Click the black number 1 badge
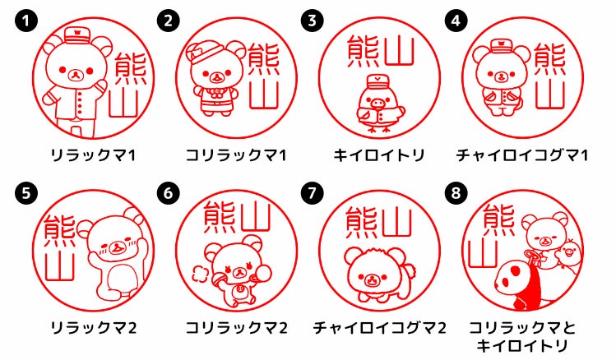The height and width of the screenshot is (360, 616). tap(26, 21)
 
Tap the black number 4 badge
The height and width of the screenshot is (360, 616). tap(456, 21)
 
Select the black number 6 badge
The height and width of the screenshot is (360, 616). tap(169, 193)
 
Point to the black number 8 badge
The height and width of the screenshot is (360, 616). tap(456, 193)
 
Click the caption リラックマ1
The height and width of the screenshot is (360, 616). tap(93, 155)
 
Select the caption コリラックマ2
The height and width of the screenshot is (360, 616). tap(237, 328)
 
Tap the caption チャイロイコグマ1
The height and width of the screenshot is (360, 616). tap(522, 155)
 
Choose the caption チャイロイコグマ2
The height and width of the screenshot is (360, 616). tap(379, 328)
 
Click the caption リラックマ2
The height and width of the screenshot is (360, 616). tap(94, 328)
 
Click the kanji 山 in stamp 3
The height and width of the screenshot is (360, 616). tap(399, 51)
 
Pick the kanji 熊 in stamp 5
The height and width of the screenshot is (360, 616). tap(59, 231)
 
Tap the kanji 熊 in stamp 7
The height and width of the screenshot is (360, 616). tap(361, 223)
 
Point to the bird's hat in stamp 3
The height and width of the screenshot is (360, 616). tap(377, 85)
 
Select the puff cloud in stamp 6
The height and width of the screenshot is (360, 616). tap(200, 273)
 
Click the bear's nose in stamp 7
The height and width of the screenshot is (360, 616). tap(371, 279)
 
